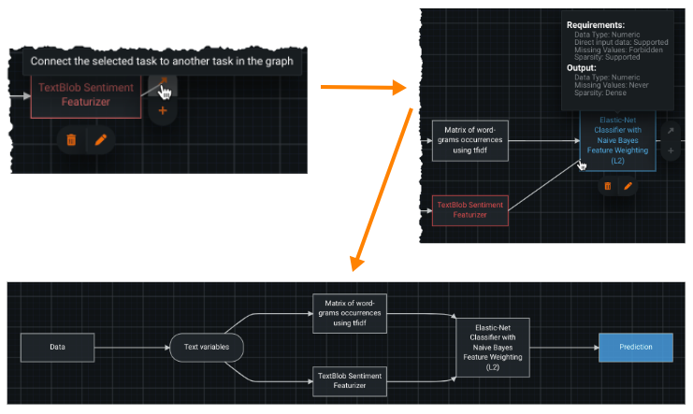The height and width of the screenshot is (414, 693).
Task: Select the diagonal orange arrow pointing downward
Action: (x=383, y=187)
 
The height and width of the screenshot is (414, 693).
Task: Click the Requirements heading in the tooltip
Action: (x=598, y=24)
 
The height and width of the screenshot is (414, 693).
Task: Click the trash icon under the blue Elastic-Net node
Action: (x=607, y=186)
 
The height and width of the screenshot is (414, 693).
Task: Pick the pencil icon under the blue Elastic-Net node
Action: (x=628, y=186)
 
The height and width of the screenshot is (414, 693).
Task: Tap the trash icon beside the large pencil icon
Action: (x=71, y=139)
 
